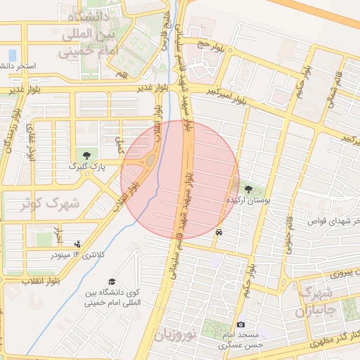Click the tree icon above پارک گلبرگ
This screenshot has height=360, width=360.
click(x=86, y=155)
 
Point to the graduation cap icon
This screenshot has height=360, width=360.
click(x=133, y=271)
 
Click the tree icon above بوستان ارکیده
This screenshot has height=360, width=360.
click(x=248, y=188)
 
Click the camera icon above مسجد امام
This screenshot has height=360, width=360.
click(x=241, y=324)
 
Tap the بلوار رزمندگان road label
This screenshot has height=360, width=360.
click(x=8, y=136)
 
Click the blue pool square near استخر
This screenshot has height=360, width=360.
click(x=12, y=54)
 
